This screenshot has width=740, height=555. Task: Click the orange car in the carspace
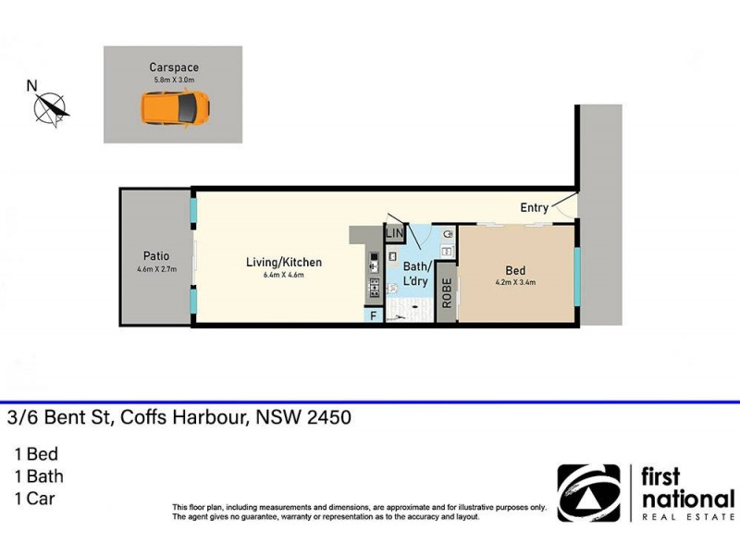pyautogui.click(x=175, y=108)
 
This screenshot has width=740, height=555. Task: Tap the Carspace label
pyautogui.click(x=174, y=68)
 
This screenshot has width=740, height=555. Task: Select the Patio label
pyautogui.click(x=154, y=258)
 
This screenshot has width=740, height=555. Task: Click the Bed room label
pyautogui.click(x=515, y=271)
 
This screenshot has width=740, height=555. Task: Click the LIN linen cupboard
pyautogui.click(x=395, y=234)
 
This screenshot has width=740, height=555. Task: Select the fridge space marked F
pyautogui.click(x=374, y=316)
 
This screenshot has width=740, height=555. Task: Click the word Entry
pyautogui.click(x=535, y=208)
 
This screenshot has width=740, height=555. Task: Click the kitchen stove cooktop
pyautogui.click(x=375, y=288)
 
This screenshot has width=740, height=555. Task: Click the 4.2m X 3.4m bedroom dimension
pyautogui.click(x=515, y=283)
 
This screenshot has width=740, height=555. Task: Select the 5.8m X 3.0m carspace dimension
pyautogui.click(x=174, y=80)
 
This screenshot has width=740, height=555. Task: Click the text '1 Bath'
pyautogui.click(x=38, y=477)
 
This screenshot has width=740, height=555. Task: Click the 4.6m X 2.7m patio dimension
pyautogui.click(x=154, y=270)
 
